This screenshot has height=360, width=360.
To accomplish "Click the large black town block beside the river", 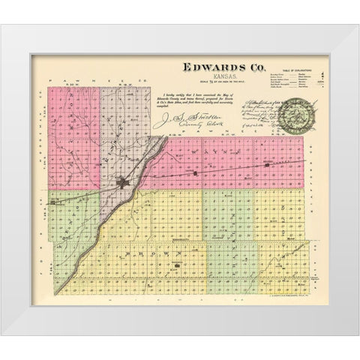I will pyautogui.click(x=124, y=181).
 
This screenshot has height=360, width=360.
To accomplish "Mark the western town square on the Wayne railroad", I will pyautogui.click(x=195, y=175).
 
